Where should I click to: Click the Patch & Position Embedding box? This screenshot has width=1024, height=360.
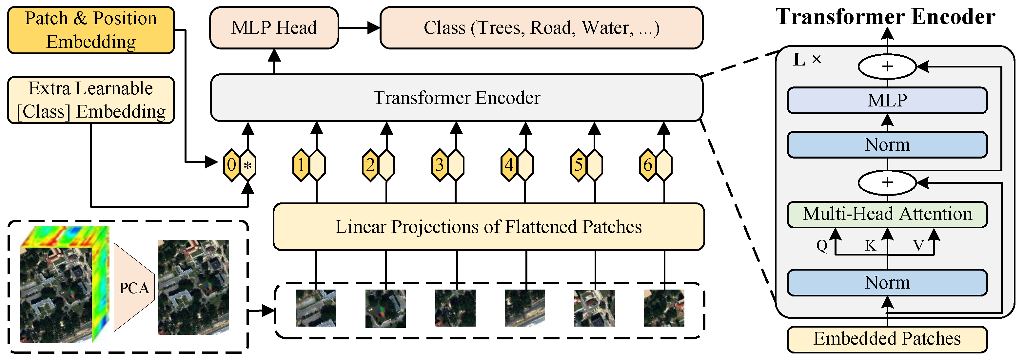pos(91,30)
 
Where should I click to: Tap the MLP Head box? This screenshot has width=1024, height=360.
pos(274,28)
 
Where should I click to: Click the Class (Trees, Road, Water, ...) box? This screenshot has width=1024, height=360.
pos(542,28)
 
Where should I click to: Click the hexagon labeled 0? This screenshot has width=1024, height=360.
pos(231,165)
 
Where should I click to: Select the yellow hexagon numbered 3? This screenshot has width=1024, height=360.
pos(439,165)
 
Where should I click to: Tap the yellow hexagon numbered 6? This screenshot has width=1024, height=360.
pos(648,165)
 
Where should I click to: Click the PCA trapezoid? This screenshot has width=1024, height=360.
pos(133,288)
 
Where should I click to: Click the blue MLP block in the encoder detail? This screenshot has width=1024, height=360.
pos(887,101)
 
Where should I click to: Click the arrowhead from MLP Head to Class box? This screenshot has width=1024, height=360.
pos(373,28)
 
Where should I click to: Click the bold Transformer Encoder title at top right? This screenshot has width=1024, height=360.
pos(885,17)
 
